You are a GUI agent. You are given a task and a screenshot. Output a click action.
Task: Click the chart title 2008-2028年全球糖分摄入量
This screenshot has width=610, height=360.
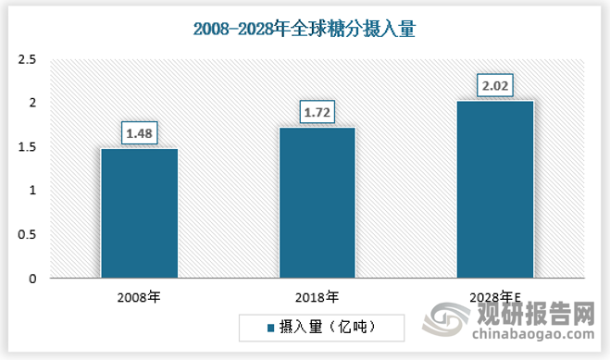(305, 30)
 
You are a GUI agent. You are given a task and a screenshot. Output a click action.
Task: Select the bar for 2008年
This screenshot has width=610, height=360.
(139, 213)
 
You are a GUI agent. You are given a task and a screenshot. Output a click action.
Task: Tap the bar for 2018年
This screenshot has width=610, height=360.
(317, 203)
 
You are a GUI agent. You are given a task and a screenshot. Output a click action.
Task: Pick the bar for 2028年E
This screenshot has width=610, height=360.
(495, 189)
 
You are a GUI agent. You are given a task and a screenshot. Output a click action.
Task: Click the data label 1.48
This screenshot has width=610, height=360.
(139, 133)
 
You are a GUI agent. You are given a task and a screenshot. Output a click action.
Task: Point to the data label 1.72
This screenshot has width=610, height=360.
(317, 113)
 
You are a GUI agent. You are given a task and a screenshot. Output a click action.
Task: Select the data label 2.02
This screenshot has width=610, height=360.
(495, 86)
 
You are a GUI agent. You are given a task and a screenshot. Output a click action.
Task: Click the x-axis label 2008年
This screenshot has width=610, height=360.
(139, 297)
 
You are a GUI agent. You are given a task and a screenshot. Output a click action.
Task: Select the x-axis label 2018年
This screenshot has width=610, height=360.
(317, 297)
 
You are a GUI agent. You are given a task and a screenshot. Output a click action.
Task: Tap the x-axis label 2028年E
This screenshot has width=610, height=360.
(495, 297)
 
